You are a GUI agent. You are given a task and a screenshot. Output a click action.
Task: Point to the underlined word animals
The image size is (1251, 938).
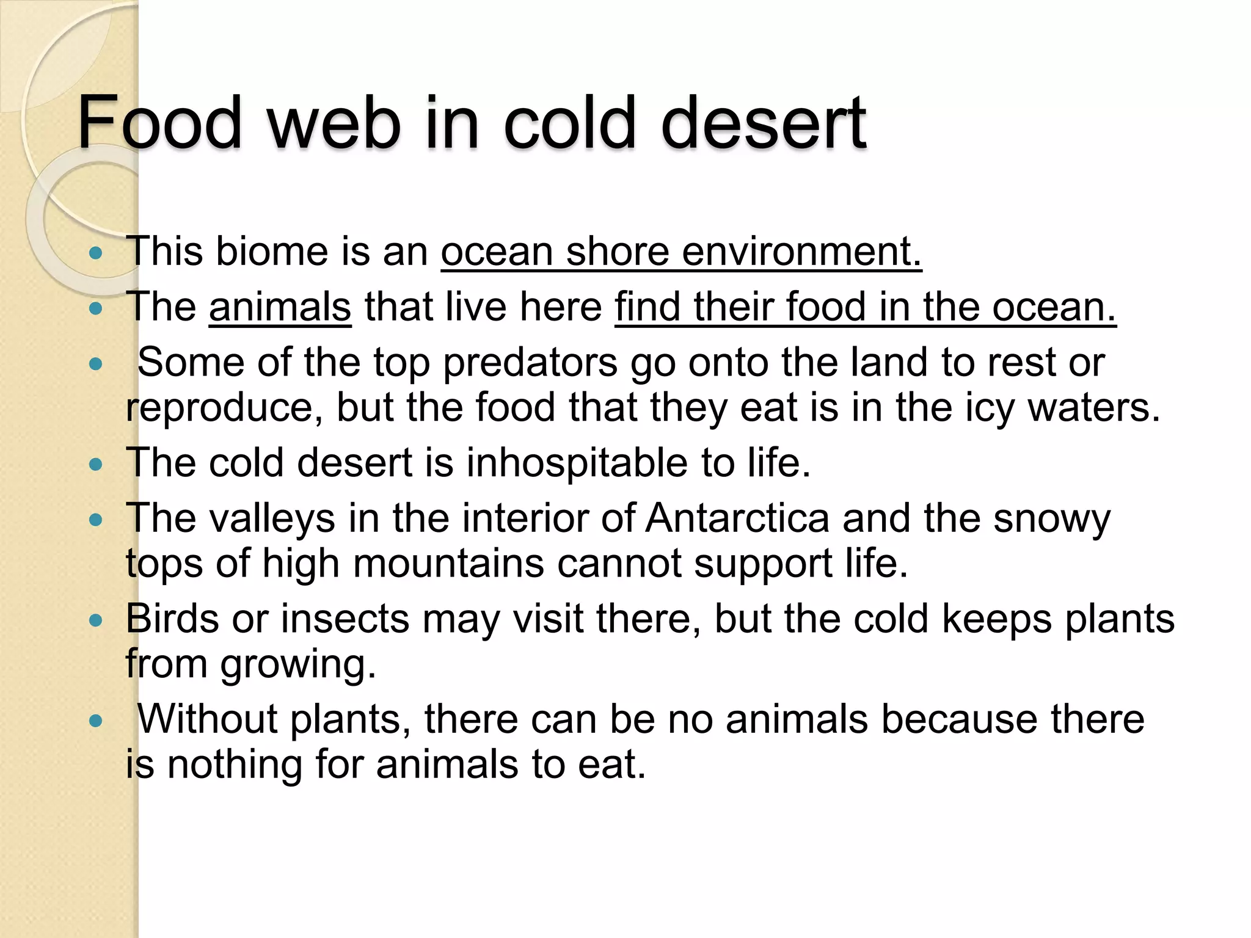click(x=280, y=307)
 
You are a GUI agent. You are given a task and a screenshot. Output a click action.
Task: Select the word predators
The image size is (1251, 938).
click(x=530, y=363)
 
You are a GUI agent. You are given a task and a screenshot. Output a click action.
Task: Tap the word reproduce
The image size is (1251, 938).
click(x=224, y=408)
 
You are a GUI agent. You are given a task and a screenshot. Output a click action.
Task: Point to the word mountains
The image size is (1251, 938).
click(x=448, y=563)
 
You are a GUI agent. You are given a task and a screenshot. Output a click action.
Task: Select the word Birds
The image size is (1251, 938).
click(x=172, y=619)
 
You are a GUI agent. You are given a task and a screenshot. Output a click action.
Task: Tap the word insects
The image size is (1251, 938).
click(x=345, y=619)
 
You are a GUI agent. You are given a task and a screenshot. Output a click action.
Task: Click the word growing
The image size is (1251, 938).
click(x=298, y=664)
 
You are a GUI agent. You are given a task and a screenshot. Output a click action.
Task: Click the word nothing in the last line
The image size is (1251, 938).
click(x=235, y=764)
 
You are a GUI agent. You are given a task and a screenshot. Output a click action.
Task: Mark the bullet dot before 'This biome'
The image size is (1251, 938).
click(x=95, y=253)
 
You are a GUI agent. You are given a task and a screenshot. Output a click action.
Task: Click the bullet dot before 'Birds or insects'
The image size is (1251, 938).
click(x=95, y=621)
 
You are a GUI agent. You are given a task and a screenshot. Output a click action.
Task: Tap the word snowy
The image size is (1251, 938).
click(x=1051, y=518)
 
